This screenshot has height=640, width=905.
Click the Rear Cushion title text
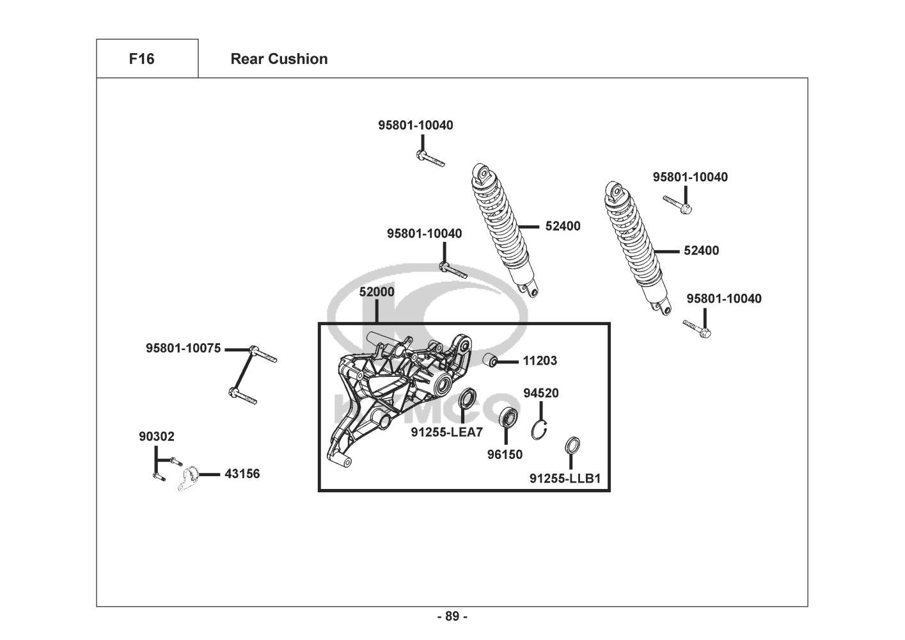click(279, 59)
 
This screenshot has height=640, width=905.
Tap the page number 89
click(452, 616)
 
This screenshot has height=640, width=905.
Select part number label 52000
click(377, 292)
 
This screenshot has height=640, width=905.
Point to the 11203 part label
click(540, 361)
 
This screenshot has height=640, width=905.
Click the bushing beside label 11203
click(491, 361)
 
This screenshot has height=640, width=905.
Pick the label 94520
click(541, 393)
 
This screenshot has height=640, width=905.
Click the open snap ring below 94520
click(540, 429)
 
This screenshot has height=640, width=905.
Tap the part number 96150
click(505, 454)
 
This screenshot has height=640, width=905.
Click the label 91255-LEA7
click(446, 433)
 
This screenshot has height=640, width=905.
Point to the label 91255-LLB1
click(565, 478)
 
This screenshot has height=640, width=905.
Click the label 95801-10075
click(183, 349)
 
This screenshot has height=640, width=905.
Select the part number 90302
click(156, 436)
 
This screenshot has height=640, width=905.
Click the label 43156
click(242, 474)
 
